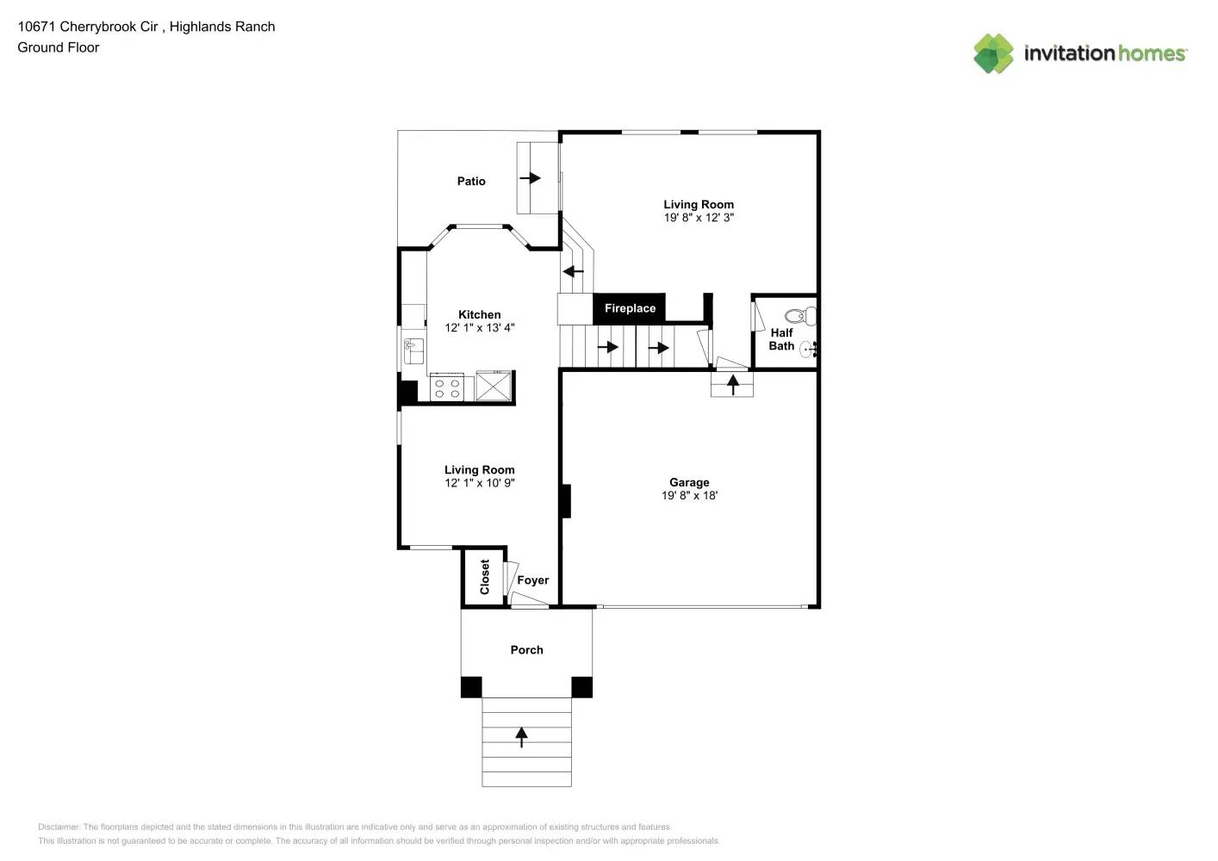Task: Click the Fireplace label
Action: pyautogui.click(x=630, y=308)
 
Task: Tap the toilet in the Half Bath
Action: pyautogui.click(x=802, y=315)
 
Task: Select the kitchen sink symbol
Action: pyautogui.click(x=413, y=351)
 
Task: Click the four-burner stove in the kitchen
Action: pyautogui.click(x=447, y=387)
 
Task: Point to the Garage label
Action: pyautogui.click(x=689, y=482)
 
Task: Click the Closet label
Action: pyautogui.click(x=485, y=577)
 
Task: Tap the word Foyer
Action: pyautogui.click(x=532, y=580)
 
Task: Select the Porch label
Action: pyautogui.click(x=526, y=650)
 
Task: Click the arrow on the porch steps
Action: pyautogui.click(x=521, y=737)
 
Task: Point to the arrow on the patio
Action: pyautogui.click(x=530, y=178)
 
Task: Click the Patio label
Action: pyautogui.click(x=471, y=181)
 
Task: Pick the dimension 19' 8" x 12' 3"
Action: pyautogui.click(x=699, y=218)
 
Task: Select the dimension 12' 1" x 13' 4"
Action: pyautogui.click(x=480, y=328)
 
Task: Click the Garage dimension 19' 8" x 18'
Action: pyautogui.click(x=689, y=495)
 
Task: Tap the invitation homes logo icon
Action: pyautogui.click(x=993, y=53)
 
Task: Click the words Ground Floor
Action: pyautogui.click(x=59, y=47)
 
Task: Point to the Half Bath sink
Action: pyautogui.click(x=807, y=349)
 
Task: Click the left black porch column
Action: pyautogui.click(x=471, y=687)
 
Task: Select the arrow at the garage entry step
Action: pyautogui.click(x=733, y=384)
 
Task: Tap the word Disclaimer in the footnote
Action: pyautogui.click(x=59, y=827)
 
